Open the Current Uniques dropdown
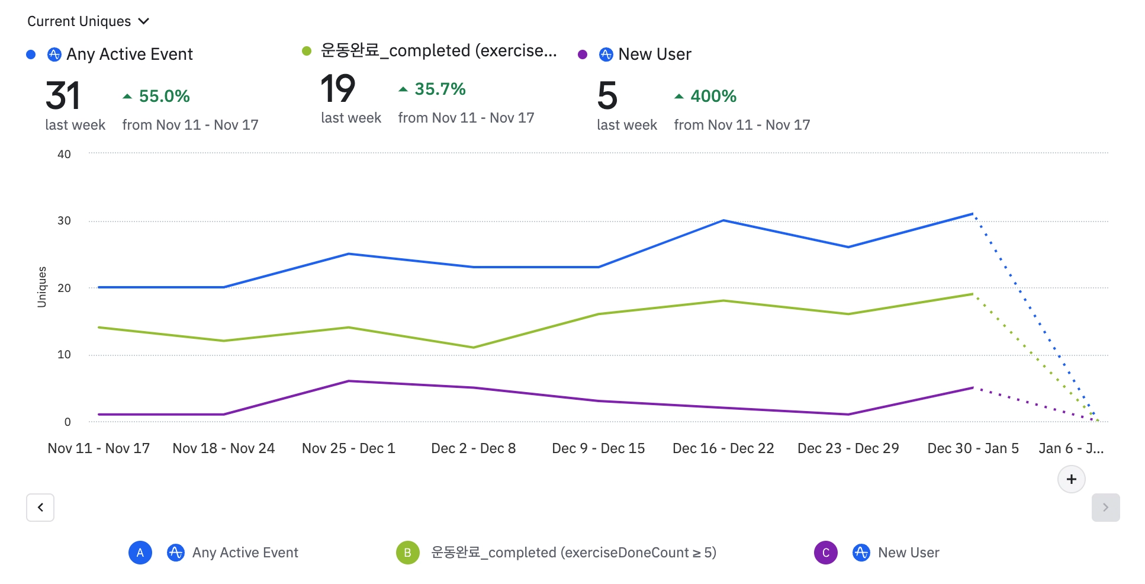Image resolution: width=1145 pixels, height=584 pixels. click(x=88, y=21)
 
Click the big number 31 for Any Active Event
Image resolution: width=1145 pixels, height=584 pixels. click(x=63, y=96)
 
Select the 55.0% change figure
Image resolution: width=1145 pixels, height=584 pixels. click(x=164, y=96)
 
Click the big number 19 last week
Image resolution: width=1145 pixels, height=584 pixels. click(x=337, y=89)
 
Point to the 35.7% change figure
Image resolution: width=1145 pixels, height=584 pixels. click(x=440, y=89)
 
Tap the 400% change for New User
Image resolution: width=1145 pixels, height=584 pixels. click(x=713, y=96)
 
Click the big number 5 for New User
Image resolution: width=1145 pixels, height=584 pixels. click(x=607, y=96)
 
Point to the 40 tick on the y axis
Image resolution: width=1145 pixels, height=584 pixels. click(x=64, y=154)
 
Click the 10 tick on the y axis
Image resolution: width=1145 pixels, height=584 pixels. click(x=64, y=354)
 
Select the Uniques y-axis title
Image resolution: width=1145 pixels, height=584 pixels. click(x=41, y=287)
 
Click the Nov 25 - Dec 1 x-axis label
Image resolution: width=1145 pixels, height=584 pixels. click(x=348, y=448)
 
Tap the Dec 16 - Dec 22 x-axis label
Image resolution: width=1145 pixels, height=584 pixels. click(x=723, y=448)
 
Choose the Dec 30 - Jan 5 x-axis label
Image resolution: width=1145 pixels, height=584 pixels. click(x=973, y=448)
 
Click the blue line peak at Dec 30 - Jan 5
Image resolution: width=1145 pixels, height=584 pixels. click(x=973, y=214)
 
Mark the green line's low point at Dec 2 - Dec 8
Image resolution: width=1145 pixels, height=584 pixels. click(x=474, y=347)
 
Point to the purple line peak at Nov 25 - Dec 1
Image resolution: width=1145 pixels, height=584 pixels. click(x=349, y=381)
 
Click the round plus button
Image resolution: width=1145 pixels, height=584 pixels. click(x=1071, y=479)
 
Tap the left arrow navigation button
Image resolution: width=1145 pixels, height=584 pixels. click(x=40, y=508)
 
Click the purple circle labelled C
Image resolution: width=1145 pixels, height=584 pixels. click(x=825, y=553)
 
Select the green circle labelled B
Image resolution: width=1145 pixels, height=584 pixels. click(x=407, y=553)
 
